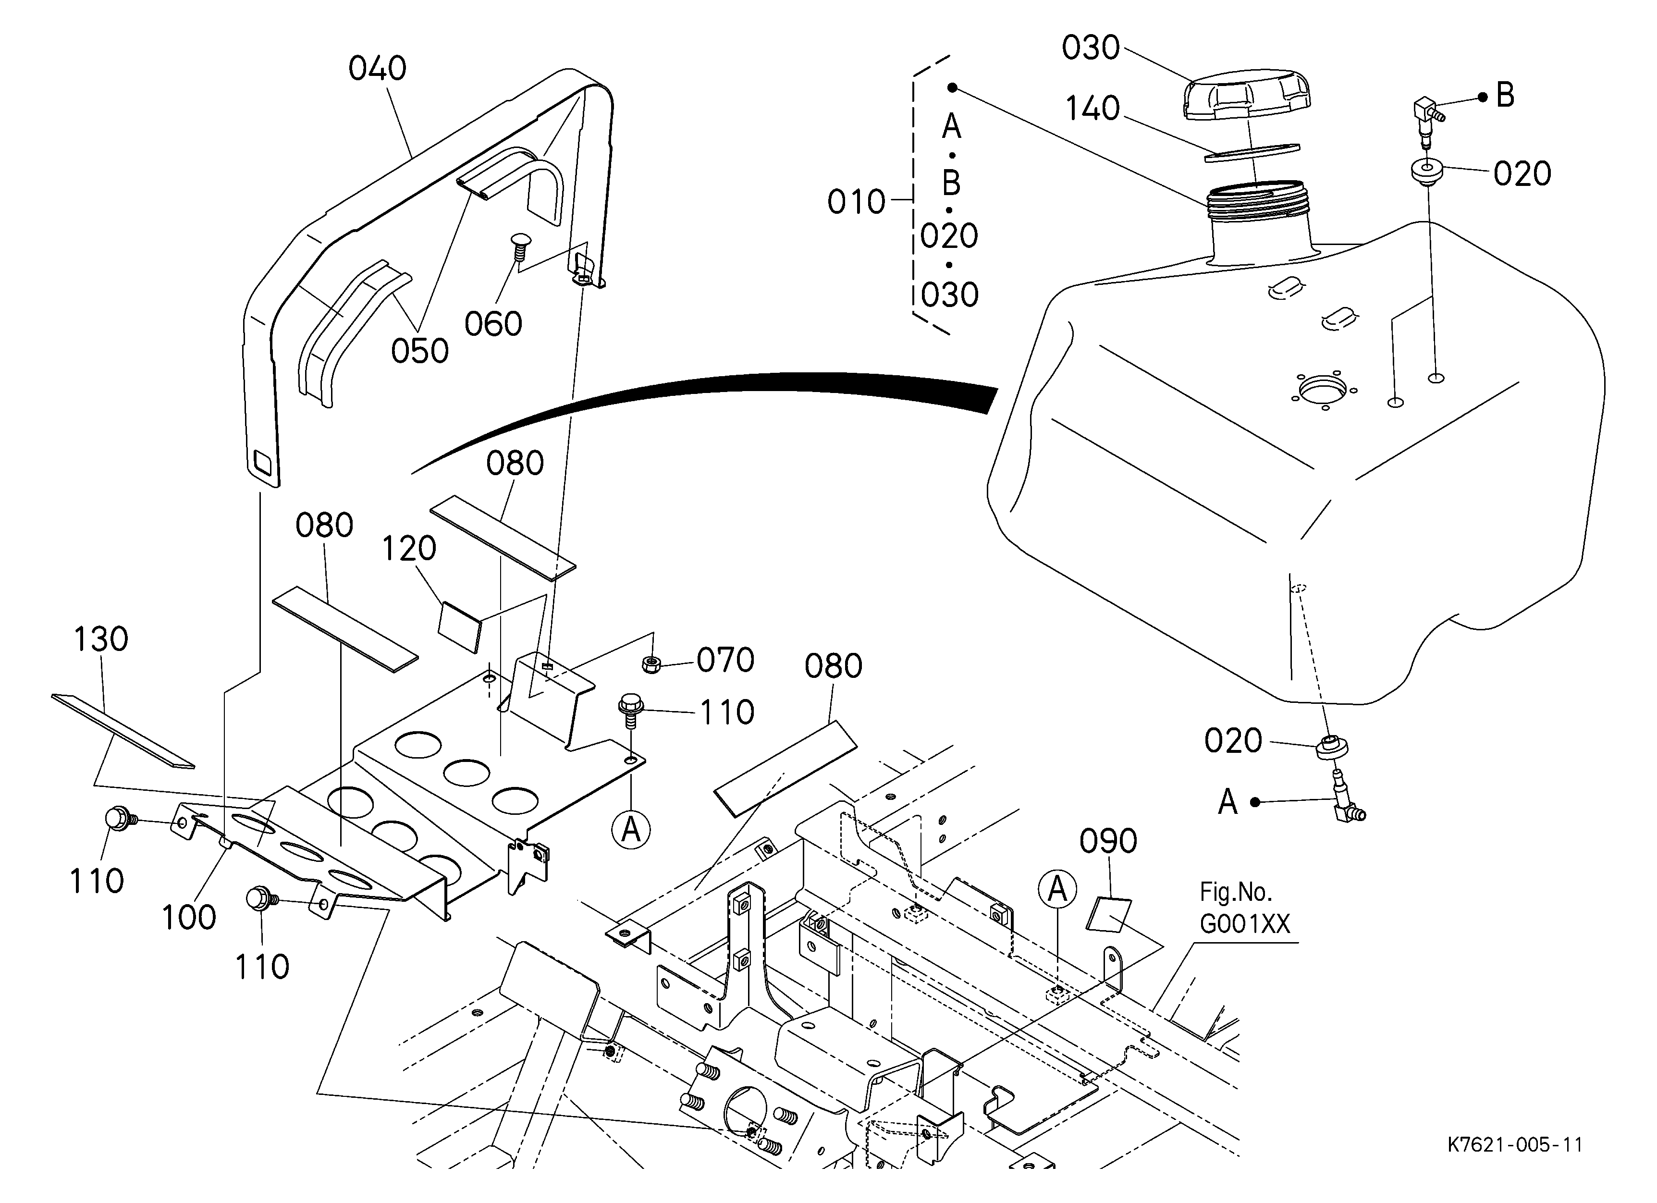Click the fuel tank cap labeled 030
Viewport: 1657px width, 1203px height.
1246,99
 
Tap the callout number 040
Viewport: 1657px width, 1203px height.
377,69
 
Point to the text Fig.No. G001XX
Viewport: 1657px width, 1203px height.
1245,908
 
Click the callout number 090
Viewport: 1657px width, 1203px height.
1108,841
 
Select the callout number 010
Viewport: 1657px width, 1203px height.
856,202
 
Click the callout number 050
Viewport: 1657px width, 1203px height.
420,351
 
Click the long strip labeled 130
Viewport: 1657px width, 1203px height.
122,730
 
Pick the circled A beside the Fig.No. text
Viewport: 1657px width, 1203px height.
1057,890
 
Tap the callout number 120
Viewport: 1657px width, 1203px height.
409,549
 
